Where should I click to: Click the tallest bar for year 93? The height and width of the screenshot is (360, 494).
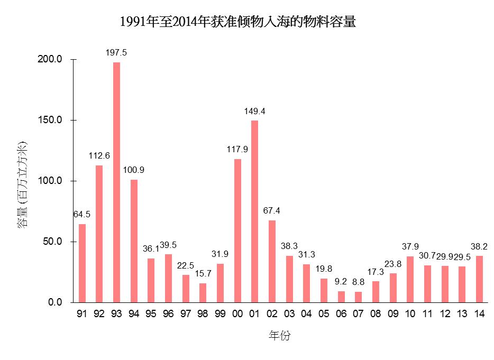[x=116, y=182]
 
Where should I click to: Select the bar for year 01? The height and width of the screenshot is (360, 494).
[x=254, y=211]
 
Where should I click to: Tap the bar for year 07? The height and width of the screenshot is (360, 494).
[x=358, y=297]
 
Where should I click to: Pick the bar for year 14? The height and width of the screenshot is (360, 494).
[x=479, y=279]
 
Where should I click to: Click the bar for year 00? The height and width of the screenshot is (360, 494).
[x=237, y=230]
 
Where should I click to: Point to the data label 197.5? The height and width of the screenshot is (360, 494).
[x=116, y=53]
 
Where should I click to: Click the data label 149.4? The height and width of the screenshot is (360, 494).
[x=254, y=111]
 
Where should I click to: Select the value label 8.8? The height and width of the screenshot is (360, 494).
[x=358, y=282]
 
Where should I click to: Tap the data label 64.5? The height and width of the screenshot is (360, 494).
[x=82, y=214]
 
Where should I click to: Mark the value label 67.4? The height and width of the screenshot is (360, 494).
[x=271, y=210]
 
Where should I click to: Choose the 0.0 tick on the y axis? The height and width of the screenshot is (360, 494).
[x=56, y=302]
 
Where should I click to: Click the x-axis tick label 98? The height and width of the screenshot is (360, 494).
[x=203, y=314]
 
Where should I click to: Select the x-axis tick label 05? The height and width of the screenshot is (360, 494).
[x=324, y=314]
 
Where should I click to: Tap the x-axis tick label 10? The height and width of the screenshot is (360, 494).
[x=410, y=314]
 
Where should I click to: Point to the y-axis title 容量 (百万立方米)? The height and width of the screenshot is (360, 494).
[x=22, y=185]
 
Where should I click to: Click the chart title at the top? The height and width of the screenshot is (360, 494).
[x=237, y=22]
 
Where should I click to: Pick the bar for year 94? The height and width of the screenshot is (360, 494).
[x=134, y=241]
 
